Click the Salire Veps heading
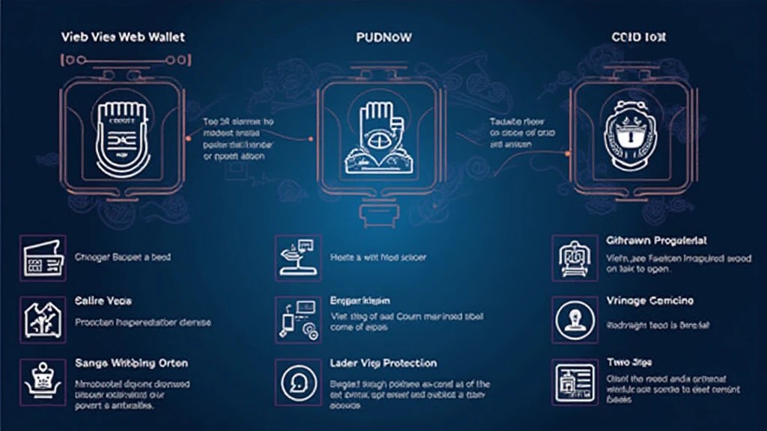click(103, 301)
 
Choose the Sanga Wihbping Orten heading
click(131, 363)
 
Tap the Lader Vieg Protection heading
click(383, 363)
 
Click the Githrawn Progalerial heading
click(656, 241)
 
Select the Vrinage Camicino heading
click(649, 301)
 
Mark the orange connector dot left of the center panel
click(310, 138)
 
